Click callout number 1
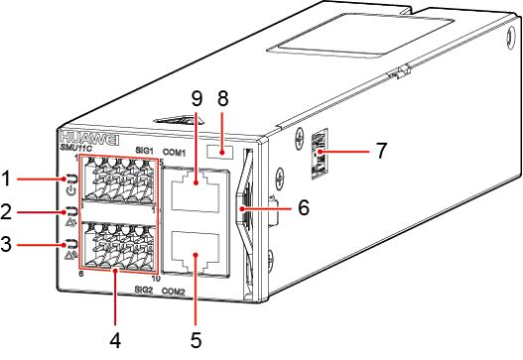pos(6,179)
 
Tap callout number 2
pos(7,212)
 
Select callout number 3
pos(6,244)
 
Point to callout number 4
pos(115,340)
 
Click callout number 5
pos(196,340)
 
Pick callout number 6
pos(304,207)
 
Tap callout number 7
pos(381,151)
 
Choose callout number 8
pos(223,98)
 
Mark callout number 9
pos(196,98)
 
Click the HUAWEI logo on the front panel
pos(90,139)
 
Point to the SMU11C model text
pos(75,148)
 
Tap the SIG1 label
pos(144,151)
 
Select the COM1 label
pos(174,153)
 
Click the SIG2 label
pos(144,290)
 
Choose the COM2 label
pos(173,292)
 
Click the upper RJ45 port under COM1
pos(196,191)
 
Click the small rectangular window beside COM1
pos(220,152)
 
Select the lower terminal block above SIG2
pos(118,245)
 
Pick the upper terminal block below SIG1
pos(118,180)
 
